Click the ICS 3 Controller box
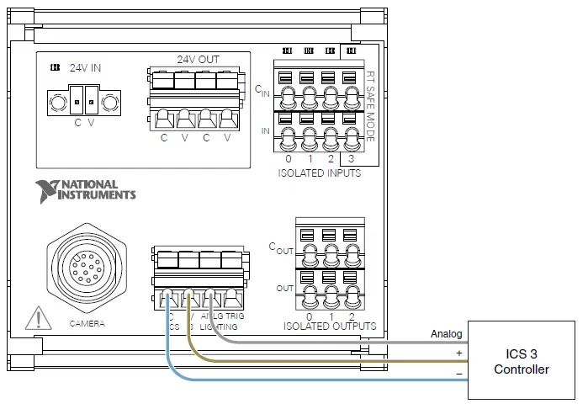(x=522, y=360)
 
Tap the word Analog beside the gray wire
(x=446, y=334)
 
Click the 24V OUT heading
(x=197, y=60)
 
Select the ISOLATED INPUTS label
(x=320, y=173)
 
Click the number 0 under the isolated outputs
(x=310, y=316)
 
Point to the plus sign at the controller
(x=459, y=353)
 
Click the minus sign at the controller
(x=459, y=373)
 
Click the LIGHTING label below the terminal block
(x=220, y=327)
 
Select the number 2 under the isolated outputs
(x=350, y=316)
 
